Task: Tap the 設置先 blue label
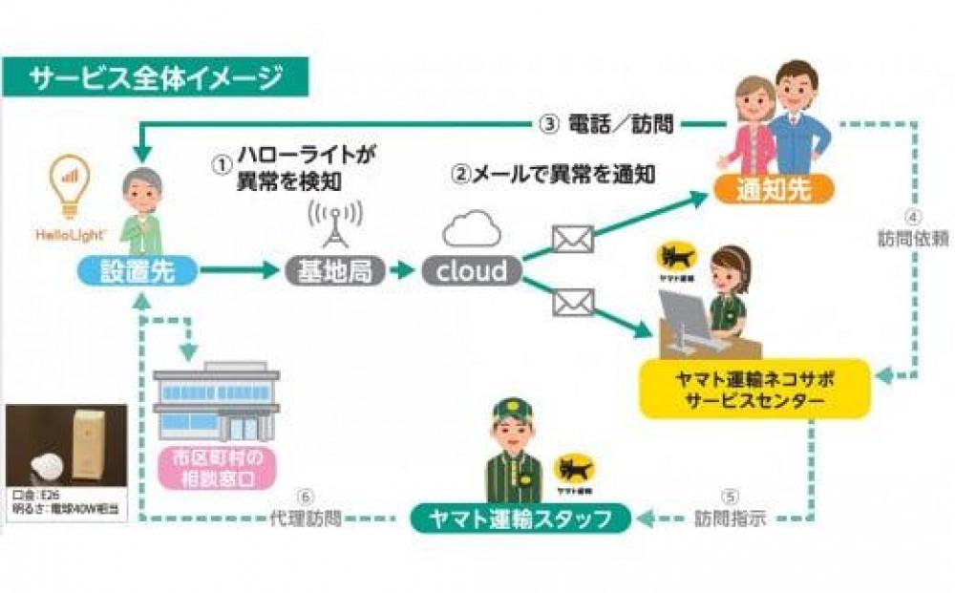(138, 271)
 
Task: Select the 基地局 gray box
(334, 271)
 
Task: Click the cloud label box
(472, 271)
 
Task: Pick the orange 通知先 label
(774, 189)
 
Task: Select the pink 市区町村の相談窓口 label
(215, 467)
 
